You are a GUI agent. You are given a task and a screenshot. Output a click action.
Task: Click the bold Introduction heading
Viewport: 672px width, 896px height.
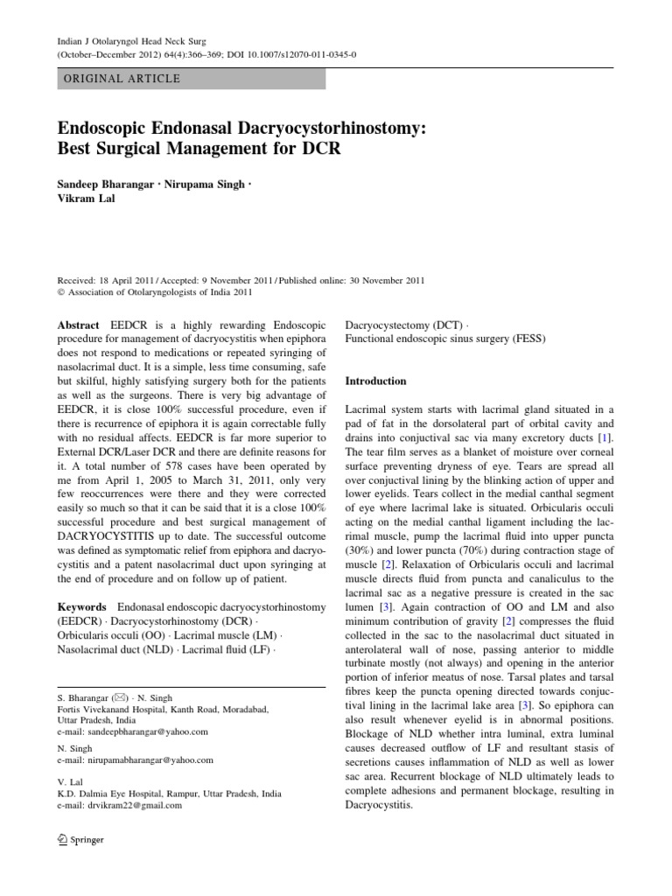coord(376,381)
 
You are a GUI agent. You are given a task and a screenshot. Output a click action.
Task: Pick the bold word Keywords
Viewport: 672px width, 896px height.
coord(82,605)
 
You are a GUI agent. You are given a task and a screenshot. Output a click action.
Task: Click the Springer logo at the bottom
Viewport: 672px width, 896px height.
coord(79,840)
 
